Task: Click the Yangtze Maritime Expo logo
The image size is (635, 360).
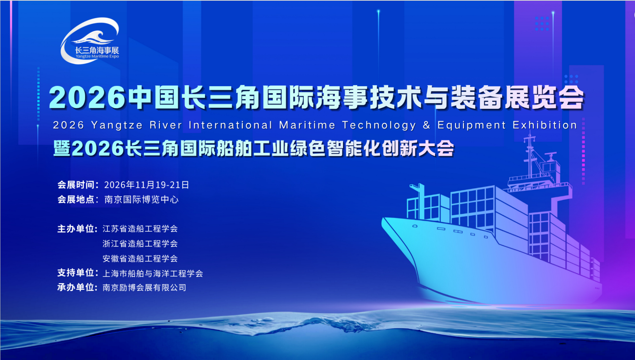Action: [90, 41]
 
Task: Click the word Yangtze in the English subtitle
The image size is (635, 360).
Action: [117, 125]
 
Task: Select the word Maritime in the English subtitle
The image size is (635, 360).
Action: [307, 125]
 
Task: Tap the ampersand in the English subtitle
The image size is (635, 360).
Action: [426, 125]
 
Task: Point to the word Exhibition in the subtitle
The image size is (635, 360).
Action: [545, 125]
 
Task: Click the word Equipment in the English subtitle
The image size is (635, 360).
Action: [472, 125]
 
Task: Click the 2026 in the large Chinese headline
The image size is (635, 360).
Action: [87, 97]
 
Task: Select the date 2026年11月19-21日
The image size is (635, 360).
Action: [146, 185]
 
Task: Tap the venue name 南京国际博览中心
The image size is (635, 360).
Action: [141, 199]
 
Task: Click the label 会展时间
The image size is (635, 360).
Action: [76, 185]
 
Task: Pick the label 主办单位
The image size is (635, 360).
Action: [76, 229]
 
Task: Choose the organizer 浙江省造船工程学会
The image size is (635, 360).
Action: [140, 243]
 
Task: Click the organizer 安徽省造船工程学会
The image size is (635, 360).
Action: [140, 258]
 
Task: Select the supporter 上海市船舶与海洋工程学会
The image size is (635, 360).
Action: [153, 273]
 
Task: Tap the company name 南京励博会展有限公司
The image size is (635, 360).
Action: [144, 288]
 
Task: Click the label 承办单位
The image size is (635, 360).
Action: [76, 287]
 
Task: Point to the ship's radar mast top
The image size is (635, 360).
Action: [529, 137]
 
